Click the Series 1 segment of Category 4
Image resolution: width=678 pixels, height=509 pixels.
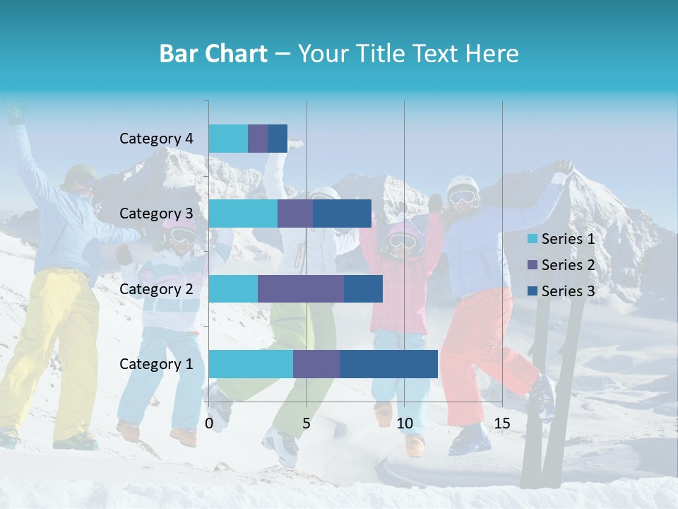click(228, 139)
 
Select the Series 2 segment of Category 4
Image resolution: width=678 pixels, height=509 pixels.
click(258, 139)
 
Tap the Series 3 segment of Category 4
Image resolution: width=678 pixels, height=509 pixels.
click(278, 139)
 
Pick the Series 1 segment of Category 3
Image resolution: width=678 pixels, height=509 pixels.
click(243, 213)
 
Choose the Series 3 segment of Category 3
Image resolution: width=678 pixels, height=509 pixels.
click(342, 213)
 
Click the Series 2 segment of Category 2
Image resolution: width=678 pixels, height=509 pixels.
click(301, 288)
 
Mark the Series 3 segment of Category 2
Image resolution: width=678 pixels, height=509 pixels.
click(363, 288)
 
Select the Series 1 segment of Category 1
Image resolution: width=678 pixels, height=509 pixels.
click(251, 363)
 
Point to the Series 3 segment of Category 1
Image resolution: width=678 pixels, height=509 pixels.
click(388, 363)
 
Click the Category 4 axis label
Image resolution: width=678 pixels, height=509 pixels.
click(156, 139)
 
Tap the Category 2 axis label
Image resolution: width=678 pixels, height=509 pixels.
click(156, 288)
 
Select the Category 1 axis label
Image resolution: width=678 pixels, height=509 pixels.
click(156, 363)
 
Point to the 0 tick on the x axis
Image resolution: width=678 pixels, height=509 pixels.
click(209, 423)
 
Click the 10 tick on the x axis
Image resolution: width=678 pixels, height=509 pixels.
click(404, 423)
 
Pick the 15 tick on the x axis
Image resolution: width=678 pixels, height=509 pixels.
click(502, 423)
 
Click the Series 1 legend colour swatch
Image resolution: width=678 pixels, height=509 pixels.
click(532, 239)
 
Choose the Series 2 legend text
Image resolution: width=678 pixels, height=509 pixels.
click(568, 265)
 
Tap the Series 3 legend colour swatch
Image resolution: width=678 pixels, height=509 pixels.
click(532, 291)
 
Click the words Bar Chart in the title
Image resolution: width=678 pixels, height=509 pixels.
click(213, 54)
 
